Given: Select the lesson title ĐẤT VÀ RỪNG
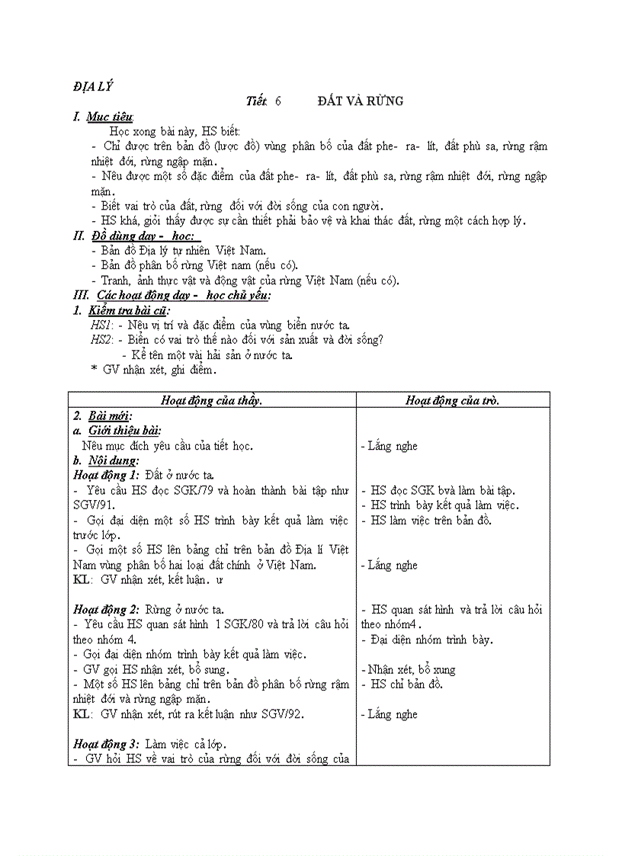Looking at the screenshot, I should click(x=361, y=101).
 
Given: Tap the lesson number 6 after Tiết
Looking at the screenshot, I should click(x=279, y=101).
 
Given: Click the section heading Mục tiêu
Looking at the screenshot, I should click(x=110, y=117).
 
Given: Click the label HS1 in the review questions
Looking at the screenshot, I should click(x=101, y=325).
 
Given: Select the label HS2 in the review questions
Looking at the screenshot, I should click(x=101, y=340).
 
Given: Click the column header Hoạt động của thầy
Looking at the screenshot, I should click(x=212, y=400).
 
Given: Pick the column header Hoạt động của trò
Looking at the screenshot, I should click(x=453, y=400).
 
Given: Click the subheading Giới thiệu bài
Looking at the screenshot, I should click(x=124, y=431).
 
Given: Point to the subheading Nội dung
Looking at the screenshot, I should click(x=114, y=460).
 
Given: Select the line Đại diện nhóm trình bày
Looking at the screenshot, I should click(x=430, y=640).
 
